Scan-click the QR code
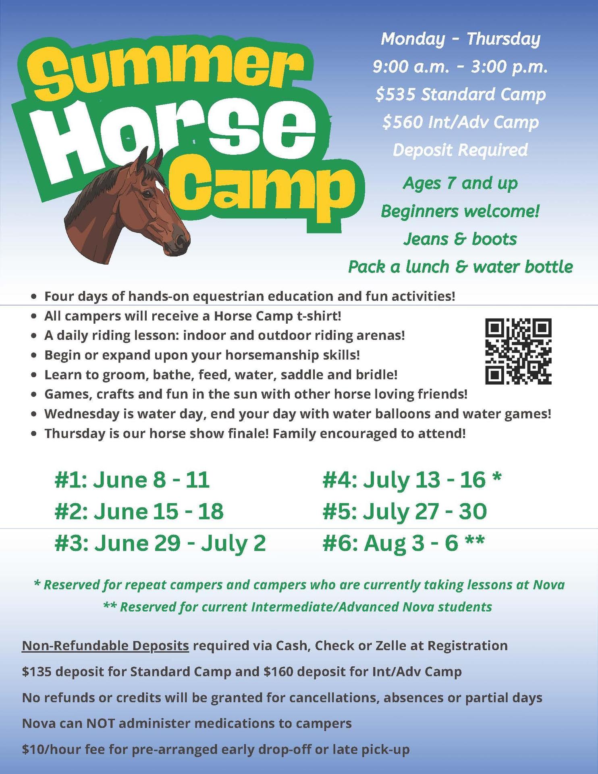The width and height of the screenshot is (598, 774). point(518,351)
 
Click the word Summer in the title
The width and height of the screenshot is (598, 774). point(165,71)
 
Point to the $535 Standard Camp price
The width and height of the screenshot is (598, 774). point(460,94)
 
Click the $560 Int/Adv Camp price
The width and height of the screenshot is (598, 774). point(460,122)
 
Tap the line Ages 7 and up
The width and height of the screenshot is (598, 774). point(460,183)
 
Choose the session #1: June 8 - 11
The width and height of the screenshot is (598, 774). point(132,480)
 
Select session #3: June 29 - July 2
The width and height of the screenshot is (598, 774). point(160,543)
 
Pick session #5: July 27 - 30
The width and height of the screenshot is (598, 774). point(405,511)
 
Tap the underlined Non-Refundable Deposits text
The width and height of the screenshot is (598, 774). point(105,645)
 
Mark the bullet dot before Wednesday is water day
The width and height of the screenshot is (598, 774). point(35,414)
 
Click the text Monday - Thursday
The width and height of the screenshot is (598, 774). point(460,39)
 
